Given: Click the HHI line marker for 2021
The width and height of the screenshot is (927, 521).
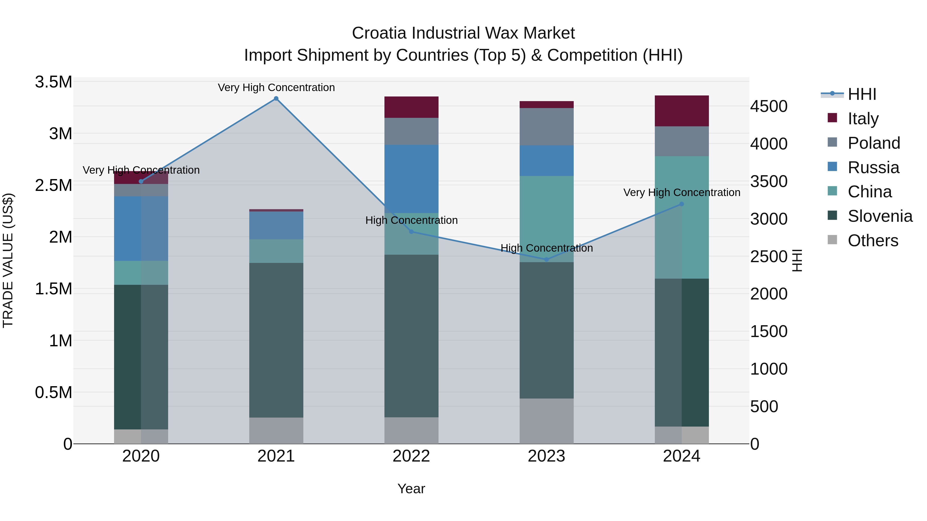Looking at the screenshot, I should pyautogui.click(x=276, y=99).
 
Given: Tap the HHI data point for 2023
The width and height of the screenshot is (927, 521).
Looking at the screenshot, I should pyautogui.click(x=546, y=259).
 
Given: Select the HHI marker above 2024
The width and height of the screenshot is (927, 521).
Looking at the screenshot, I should pyautogui.click(x=681, y=204).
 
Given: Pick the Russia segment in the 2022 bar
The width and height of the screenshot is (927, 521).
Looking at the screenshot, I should pyautogui.click(x=411, y=179).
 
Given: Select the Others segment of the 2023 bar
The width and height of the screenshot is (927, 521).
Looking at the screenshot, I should pyautogui.click(x=546, y=421).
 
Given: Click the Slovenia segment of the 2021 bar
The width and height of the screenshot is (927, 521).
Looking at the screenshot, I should pyautogui.click(x=276, y=340).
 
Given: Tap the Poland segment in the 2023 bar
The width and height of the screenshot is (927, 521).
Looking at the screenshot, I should pyautogui.click(x=546, y=127).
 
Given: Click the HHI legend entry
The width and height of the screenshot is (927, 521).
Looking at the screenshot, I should pyautogui.click(x=862, y=94).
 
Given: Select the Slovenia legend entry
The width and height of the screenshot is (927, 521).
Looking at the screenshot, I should pyautogui.click(x=880, y=216).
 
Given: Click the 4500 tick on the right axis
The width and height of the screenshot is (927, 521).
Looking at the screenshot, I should pyautogui.click(x=769, y=107).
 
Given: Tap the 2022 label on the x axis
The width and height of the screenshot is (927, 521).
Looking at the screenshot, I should pyautogui.click(x=411, y=456).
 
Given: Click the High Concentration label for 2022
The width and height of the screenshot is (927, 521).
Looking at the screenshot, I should pyautogui.click(x=411, y=220).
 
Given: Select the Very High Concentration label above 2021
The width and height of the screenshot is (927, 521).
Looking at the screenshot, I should pyautogui.click(x=276, y=87).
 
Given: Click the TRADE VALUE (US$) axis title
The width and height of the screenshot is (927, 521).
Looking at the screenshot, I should pyautogui.click(x=8, y=260).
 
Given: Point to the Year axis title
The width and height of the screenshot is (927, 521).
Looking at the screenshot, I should pyautogui.click(x=411, y=489).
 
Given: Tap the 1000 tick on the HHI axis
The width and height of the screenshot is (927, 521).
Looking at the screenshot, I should pyautogui.click(x=769, y=369).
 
